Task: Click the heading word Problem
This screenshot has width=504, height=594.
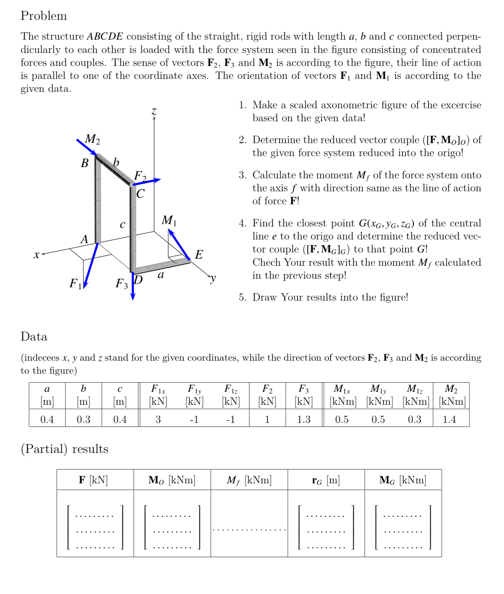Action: (x=43, y=16)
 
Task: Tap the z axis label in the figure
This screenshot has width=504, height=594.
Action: (x=154, y=111)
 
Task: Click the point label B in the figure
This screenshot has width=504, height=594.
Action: (x=85, y=163)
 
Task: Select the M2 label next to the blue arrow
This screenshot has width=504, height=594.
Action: (x=92, y=139)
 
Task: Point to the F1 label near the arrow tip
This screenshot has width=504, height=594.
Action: (x=75, y=283)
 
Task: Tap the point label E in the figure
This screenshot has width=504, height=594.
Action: (x=199, y=254)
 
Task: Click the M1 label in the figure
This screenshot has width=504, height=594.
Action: (x=169, y=220)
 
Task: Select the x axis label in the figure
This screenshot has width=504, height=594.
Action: (x=37, y=254)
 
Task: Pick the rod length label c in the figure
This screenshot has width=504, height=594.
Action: (x=122, y=224)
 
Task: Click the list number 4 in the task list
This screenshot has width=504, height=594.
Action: (x=242, y=223)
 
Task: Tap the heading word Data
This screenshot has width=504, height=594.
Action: (x=34, y=336)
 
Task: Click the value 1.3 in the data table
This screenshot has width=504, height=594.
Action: (x=304, y=419)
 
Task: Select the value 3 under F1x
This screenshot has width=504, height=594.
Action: (x=158, y=419)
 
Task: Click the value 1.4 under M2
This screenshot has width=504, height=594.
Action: (x=449, y=419)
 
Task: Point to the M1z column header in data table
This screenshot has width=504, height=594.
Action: (x=415, y=389)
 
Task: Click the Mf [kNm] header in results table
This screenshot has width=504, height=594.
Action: (x=249, y=480)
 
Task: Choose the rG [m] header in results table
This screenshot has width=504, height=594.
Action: (x=326, y=480)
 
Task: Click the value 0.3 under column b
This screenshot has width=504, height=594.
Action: (x=83, y=419)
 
